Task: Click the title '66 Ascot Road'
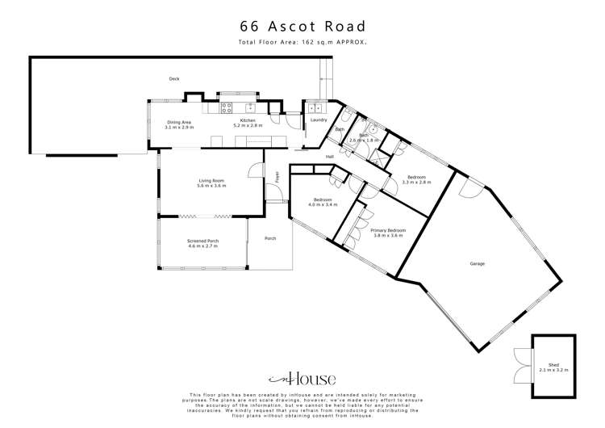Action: click(x=302, y=26)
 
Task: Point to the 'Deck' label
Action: click(x=173, y=78)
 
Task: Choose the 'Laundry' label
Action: click(x=318, y=120)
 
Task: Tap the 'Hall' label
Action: click(x=330, y=157)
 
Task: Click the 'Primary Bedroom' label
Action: click(x=387, y=230)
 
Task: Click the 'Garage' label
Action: click(x=478, y=264)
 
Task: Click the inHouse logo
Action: click(x=302, y=378)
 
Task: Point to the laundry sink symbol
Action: click(x=314, y=107)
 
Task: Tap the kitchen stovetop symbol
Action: click(x=227, y=106)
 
